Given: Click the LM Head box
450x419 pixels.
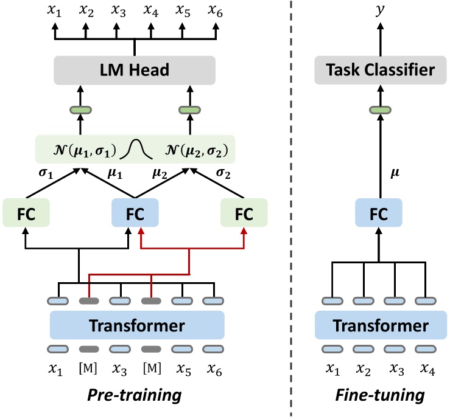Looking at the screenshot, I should pyautogui.click(x=135, y=71).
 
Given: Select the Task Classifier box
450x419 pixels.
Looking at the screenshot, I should pyautogui.click(x=381, y=71).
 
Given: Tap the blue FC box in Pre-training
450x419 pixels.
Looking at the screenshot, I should pyautogui.click(x=135, y=214).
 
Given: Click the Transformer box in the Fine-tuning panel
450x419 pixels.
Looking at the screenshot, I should pyautogui.click(x=381, y=325).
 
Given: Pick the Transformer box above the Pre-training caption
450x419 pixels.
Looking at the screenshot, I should pyautogui.click(x=137, y=325).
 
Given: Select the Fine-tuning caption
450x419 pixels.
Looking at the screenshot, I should pyautogui.click(x=381, y=395).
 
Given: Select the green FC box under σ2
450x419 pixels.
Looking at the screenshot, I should pyautogui.click(x=244, y=214).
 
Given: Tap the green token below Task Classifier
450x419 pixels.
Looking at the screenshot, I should pyautogui.click(x=381, y=110).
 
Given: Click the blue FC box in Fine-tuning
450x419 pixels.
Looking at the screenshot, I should pyautogui.click(x=381, y=214).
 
